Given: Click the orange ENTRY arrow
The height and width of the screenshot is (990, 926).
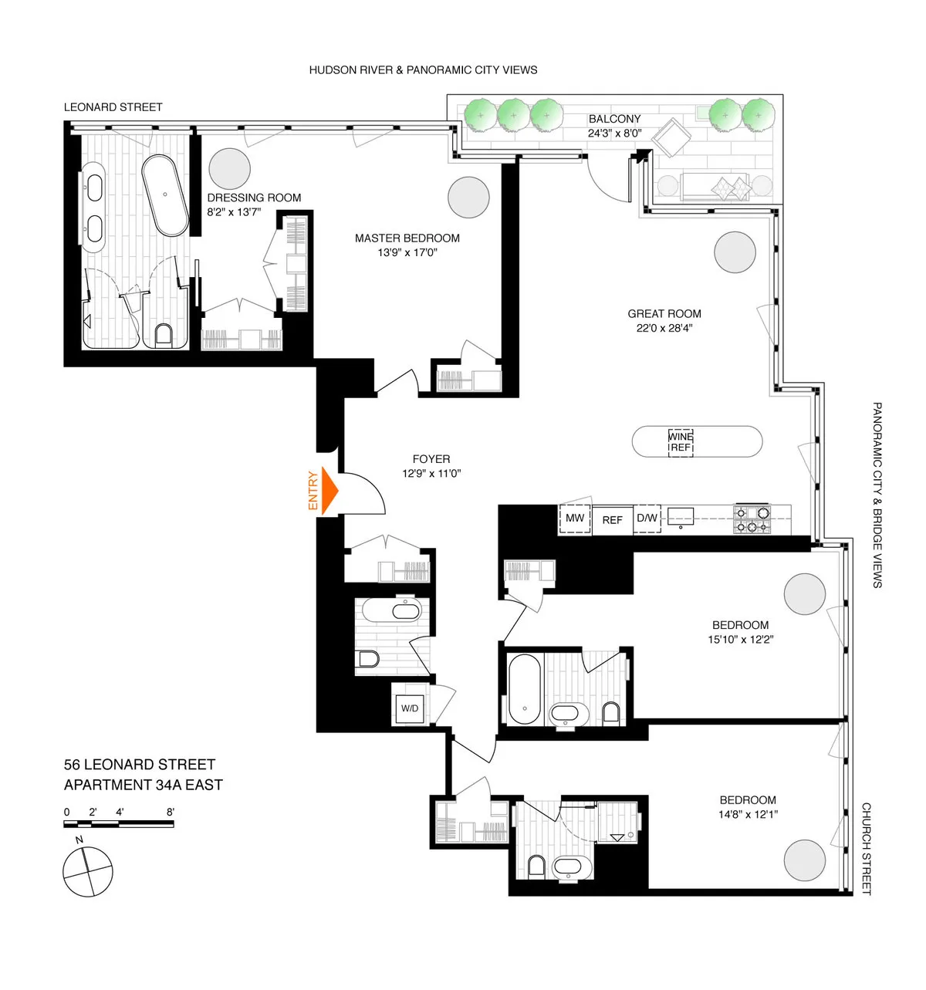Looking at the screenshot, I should (330, 491).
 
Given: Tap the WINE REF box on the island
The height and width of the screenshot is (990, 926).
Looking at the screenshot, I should (680, 442).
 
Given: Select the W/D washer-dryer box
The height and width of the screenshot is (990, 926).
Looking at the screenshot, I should (410, 708).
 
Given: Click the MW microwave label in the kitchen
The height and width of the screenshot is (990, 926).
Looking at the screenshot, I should (575, 519).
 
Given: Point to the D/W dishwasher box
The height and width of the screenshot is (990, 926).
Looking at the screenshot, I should (647, 519).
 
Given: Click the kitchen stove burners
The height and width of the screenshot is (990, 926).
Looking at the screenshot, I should (752, 519).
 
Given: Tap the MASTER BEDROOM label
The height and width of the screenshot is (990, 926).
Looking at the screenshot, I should (407, 238).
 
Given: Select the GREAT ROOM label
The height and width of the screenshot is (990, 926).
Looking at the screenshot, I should (664, 314).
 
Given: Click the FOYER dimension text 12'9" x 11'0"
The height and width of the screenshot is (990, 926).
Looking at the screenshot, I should (431, 474).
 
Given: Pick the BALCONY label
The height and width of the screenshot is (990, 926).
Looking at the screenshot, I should (614, 119).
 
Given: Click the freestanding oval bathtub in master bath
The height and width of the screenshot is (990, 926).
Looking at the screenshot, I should (165, 195).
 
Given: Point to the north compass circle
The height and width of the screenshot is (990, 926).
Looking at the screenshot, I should (87, 871).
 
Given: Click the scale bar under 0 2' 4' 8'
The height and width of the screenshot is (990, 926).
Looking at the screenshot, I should (119, 825).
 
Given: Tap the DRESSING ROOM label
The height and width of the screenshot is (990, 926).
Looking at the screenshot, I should (254, 198).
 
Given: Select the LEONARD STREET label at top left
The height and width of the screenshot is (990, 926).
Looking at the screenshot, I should (113, 107).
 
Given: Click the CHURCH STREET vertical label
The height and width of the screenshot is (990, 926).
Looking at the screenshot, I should (866, 849).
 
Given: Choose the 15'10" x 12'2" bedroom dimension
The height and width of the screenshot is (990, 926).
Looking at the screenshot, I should (740, 640).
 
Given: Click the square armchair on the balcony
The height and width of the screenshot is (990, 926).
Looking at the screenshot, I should (668, 138).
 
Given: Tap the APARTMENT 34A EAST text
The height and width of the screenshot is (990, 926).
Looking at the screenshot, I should (144, 786).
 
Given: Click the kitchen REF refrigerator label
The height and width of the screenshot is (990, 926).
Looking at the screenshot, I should (612, 520).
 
